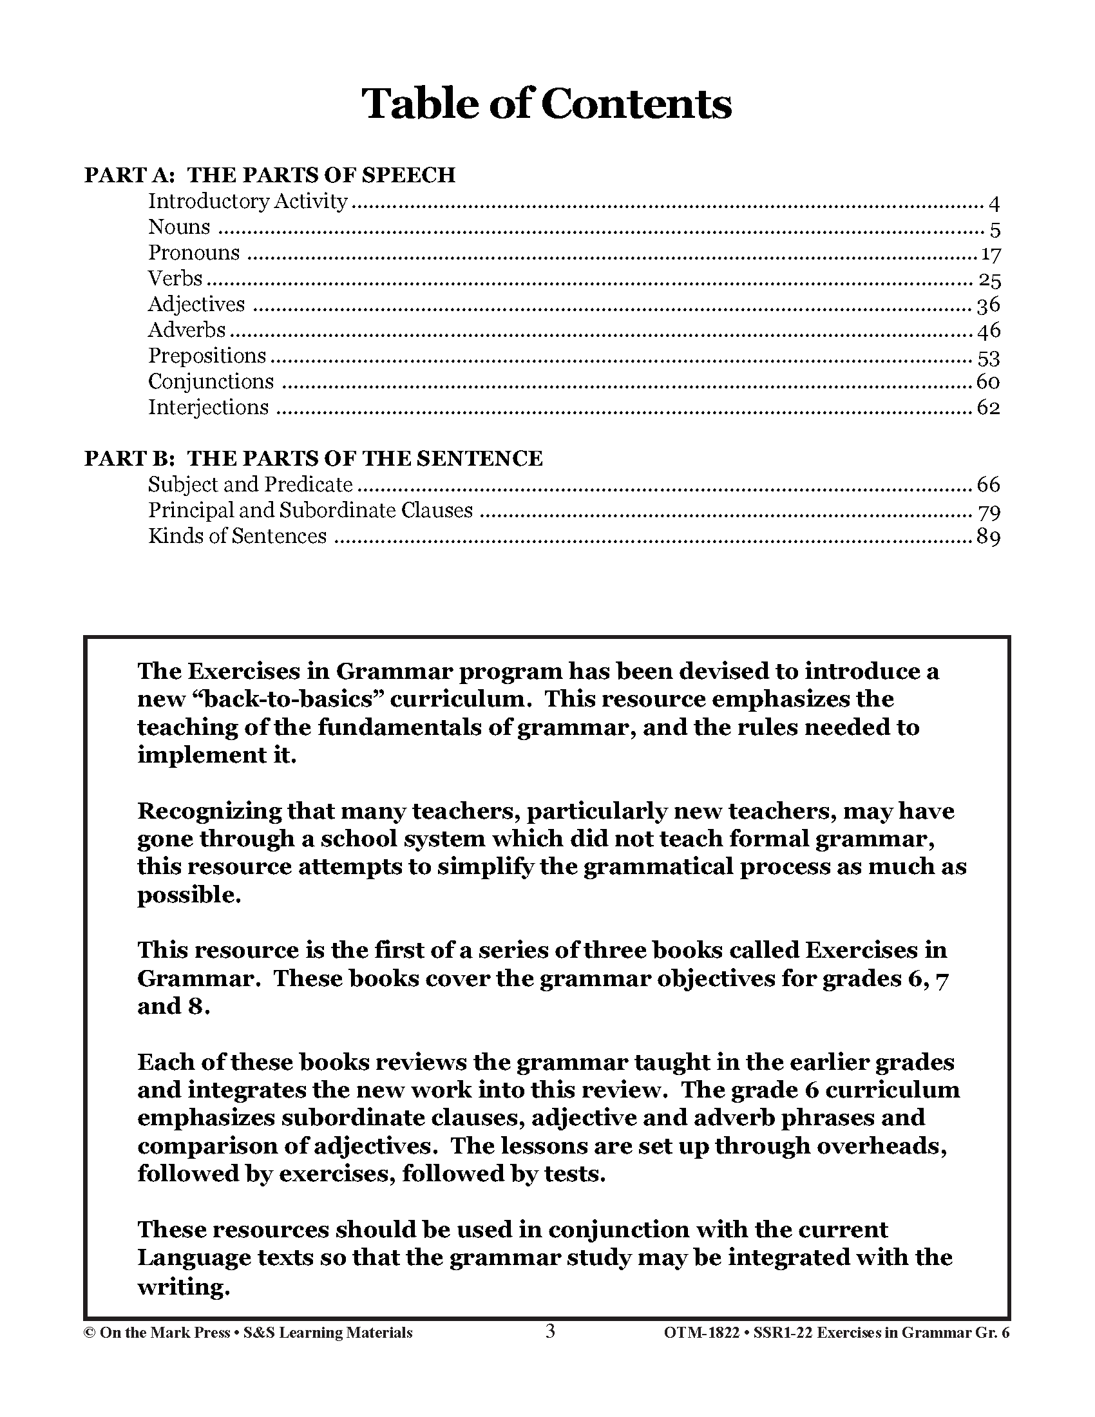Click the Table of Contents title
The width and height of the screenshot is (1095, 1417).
(x=546, y=104)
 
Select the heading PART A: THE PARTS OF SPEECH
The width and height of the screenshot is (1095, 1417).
(x=269, y=175)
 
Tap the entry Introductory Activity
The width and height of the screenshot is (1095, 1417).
(x=248, y=202)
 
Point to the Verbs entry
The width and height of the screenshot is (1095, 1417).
(x=175, y=279)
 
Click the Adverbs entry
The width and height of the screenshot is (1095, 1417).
(x=187, y=330)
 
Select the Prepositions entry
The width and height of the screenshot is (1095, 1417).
(x=207, y=356)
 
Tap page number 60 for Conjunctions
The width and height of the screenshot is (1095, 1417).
(x=988, y=382)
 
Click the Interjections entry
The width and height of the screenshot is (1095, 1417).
(x=208, y=408)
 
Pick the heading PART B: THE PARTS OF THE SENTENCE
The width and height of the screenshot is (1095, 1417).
(x=312, y=459)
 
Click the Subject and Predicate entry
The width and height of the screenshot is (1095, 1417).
(x=251, y=484)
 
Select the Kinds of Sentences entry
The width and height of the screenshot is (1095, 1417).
(x=238, y=537)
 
